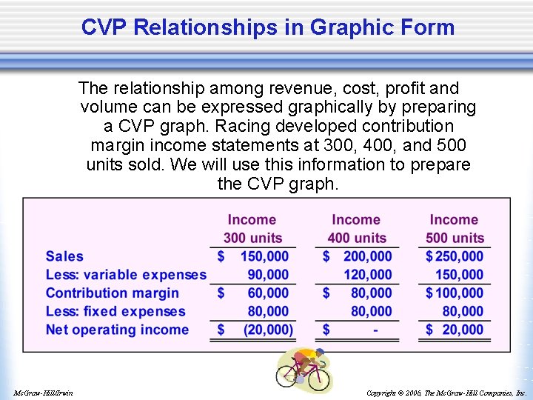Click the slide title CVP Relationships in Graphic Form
[267, 27]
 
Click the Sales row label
[64, 256]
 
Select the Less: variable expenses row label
[126, 275]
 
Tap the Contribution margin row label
[113, 293]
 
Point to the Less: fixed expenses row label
[115, 312]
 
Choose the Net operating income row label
[117, 330]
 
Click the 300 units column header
[252, 238]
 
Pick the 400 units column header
[356, 238]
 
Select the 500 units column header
[454, 238]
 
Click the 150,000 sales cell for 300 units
[264, 256]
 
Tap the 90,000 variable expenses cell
[268, 275]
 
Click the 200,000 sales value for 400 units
[367, 256]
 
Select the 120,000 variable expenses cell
[367, 275]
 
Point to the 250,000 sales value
[459, 256]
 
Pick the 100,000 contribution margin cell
[459, 293]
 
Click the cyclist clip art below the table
[304, 370]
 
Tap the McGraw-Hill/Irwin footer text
[43, 393]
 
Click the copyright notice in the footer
[446, 393]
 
